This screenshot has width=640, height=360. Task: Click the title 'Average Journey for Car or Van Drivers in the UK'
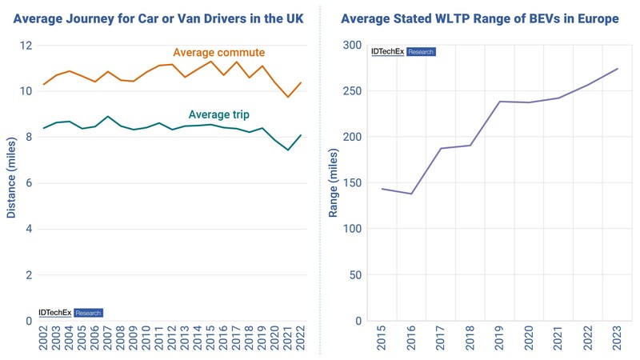tap(158, 18)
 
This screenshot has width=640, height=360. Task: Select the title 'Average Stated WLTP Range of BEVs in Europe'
tap(479, 18)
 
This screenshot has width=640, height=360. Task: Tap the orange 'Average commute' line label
tap(218, 52)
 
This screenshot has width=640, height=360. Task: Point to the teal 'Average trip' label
tap(218, 114)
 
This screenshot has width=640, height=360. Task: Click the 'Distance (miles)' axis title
tap(11, 178)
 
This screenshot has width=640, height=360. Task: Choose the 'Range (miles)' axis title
tap(333, 183)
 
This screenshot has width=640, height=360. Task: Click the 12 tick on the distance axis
tap(26, 45)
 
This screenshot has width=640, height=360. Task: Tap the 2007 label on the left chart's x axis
tap(107, 338)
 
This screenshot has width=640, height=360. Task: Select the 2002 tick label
tap(43, 338)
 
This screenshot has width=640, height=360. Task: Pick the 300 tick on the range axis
tap(352, 45)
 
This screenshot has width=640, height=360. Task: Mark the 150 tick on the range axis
tap(352, 183)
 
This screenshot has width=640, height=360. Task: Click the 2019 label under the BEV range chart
tap(498, 338)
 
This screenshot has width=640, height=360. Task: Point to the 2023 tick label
tap(617, 338)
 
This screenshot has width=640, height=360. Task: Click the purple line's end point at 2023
tap(618, 69)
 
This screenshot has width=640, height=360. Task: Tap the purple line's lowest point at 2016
tap(411, 194)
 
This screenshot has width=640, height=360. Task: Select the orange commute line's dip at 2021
tap(288, 97)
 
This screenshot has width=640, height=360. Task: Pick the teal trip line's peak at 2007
tap(107, 116)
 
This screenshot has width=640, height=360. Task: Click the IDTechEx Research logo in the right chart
tap(403, 52)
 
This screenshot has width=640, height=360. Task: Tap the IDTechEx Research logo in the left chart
tap(70, 313)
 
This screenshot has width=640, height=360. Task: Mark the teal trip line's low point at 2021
tap(288, 150)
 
